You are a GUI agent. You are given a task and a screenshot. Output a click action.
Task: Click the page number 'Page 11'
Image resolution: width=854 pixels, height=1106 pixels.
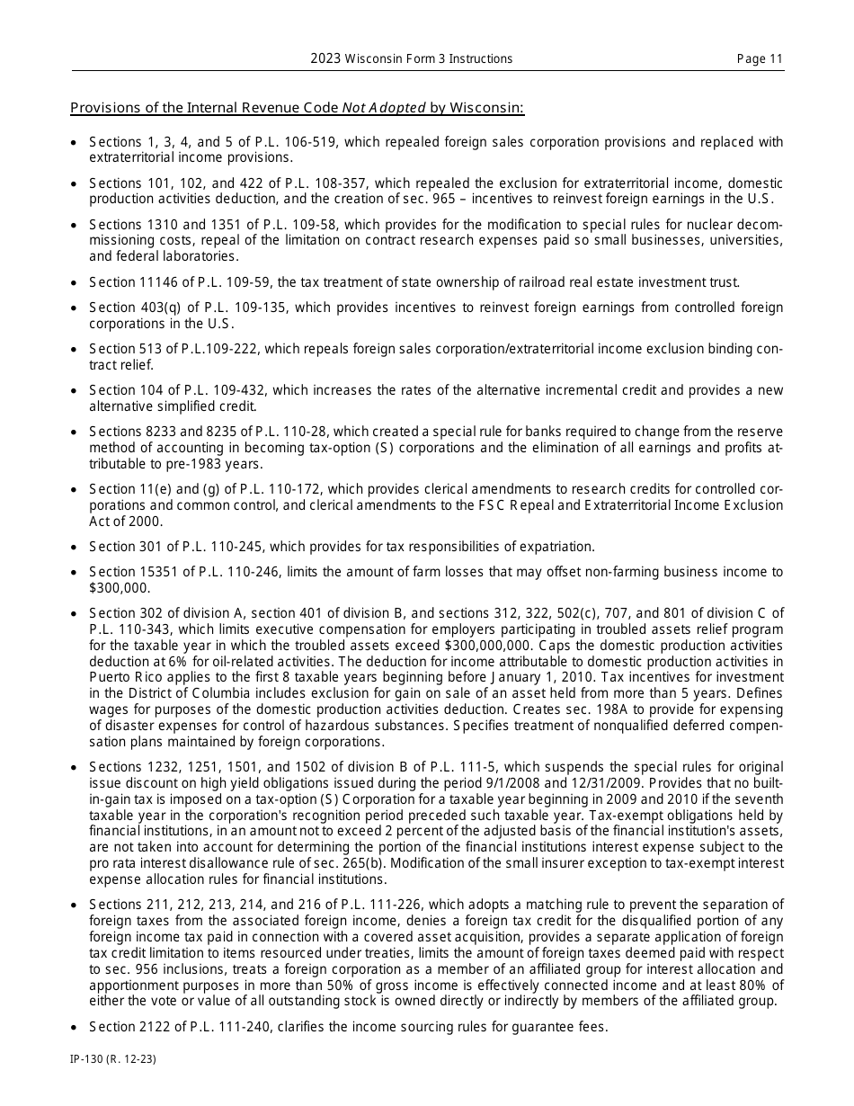760,59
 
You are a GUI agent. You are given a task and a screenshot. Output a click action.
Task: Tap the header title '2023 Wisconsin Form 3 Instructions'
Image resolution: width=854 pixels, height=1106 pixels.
412,59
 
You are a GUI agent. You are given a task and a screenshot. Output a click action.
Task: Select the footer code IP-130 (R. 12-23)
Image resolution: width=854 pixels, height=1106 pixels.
113,1060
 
